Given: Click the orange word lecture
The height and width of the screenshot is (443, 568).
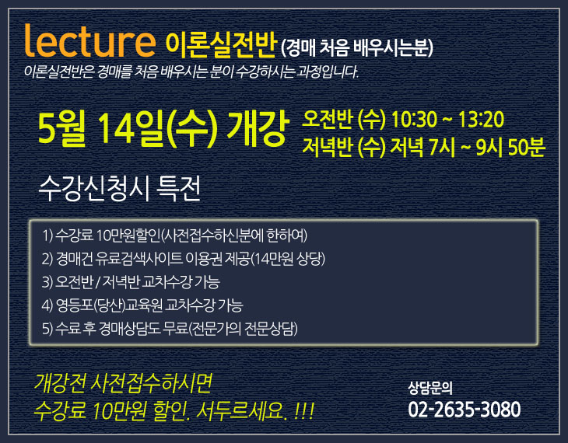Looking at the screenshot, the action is click(89, 41).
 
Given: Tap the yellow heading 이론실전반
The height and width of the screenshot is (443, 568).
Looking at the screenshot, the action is click(221, 45).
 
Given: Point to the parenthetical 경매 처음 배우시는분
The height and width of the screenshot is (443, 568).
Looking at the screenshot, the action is click(356, 47).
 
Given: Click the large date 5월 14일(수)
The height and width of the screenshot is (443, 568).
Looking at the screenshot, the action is click(128, 128).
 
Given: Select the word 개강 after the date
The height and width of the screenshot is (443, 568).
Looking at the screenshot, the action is click(258, 128).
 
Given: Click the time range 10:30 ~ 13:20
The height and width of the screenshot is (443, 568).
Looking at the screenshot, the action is click(447, 119).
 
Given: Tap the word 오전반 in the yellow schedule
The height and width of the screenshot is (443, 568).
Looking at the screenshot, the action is click(327, 119).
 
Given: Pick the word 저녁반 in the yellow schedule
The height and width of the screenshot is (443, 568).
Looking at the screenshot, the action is click(327, 147).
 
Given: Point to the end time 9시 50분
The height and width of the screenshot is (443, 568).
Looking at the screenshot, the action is click(510, 147).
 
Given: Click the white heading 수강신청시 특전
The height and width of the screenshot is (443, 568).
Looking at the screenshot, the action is click(119, 188).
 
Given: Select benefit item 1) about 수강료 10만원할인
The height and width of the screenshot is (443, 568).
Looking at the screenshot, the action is click(174, 235).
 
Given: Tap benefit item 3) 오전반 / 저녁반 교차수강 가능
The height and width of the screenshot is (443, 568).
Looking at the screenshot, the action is click(131, 282).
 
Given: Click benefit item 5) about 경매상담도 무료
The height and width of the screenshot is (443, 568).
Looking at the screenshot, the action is click(170, 329).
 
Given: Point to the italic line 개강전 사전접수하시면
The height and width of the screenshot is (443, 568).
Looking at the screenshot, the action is click(123, 383).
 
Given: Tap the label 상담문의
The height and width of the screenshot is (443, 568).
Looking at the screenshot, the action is click(430, 388).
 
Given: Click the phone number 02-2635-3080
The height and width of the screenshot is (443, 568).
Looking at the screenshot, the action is click(464, 409).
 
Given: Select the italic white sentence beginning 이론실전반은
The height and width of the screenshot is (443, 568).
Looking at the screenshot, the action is click(191, 72).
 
